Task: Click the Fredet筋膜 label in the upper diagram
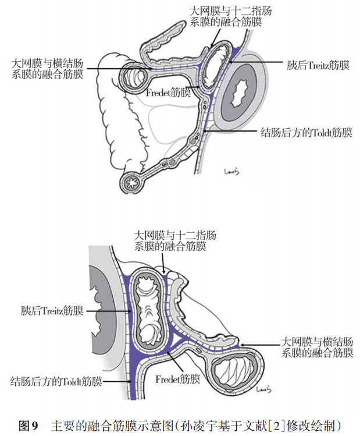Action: pos(168,93)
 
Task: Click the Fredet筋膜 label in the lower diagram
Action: pos(178,379)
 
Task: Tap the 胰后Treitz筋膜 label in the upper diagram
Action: pos(318,66)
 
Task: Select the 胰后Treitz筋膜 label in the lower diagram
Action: pos(52,310)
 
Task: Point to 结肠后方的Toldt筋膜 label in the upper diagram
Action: pos(306,133)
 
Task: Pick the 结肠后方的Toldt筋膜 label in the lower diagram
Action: pos(56,381)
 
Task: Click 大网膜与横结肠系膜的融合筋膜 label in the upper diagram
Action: pos(47,69)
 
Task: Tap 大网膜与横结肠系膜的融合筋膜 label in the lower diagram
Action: pos(317,347)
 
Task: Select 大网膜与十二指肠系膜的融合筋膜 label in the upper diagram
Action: pos(230,16)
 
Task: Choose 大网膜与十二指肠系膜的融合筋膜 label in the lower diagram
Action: pos(175,241)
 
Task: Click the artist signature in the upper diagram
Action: pos(231,172)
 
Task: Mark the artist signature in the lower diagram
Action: pos(263,389)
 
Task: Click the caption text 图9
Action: pos(28,426)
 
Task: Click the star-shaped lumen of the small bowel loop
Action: pos(130,182)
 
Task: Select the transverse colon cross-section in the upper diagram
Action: pos(134,77)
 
